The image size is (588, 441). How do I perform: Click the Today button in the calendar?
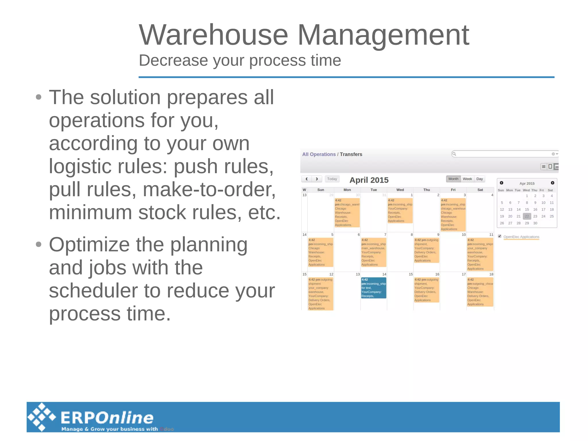(x=332, y=179)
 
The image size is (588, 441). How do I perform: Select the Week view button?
(x=467, y=179)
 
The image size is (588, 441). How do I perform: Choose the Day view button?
(x=479, y=179)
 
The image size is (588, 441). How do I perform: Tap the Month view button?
(x=453, y=179)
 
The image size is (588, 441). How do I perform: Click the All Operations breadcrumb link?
(x=319, y=154)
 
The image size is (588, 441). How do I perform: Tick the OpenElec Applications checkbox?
(x=500, y=236)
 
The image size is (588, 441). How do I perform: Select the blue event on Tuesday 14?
(x=374, y=288)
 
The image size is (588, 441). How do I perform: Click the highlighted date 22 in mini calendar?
(x=527, y=216)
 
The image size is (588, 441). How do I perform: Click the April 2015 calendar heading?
(x=369, y=180)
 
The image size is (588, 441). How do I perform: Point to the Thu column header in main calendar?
(x=427, y=190)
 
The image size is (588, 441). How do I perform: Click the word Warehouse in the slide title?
(x=213, y=35)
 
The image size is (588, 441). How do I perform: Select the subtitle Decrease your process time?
(x=240, y=60)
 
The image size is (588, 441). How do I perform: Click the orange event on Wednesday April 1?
(x=400, y=211)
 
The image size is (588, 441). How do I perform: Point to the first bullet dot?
(x=39, y=97)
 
